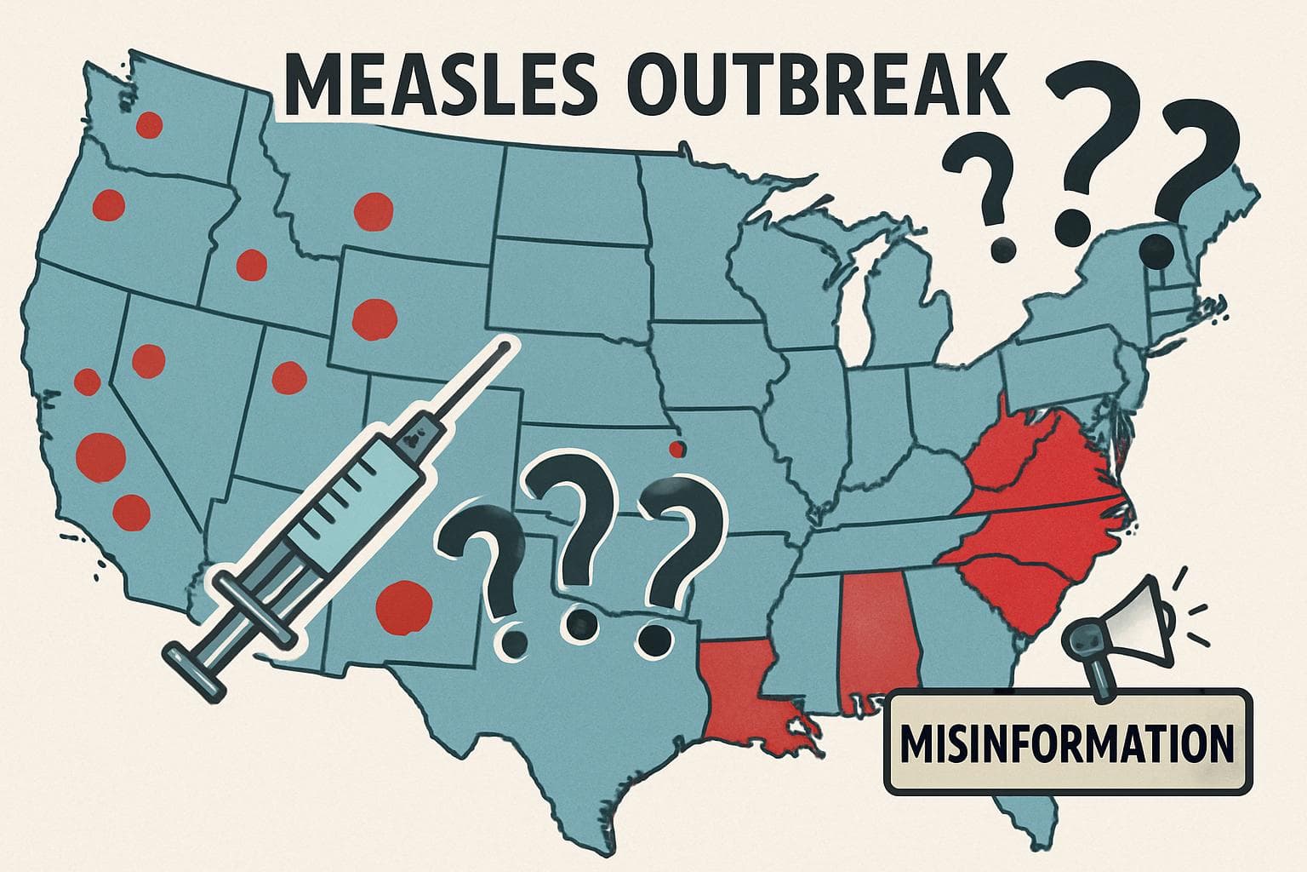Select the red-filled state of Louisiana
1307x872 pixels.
pyautogui.click(x=740, y=690)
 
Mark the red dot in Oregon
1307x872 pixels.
pyautogui.click(x=109, y=205)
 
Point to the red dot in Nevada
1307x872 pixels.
pyautogui.click(x=149, y=358)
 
